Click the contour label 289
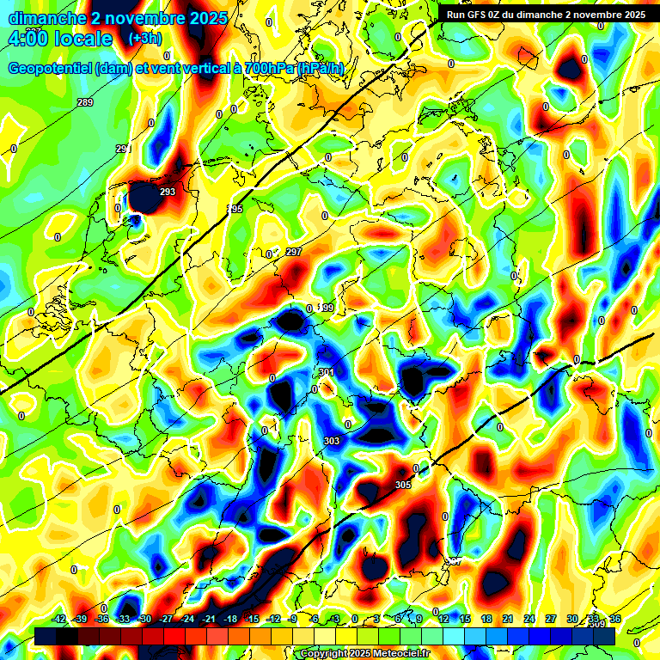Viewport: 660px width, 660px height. (x=85, y=103)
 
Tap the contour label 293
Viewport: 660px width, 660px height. (x=168, y=192)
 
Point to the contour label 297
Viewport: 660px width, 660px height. (x=294, y=252)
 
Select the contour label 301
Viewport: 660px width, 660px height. (x=326, y=372)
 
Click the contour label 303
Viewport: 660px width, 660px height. (x=332, y=441)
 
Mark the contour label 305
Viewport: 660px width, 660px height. (x=403, y=486)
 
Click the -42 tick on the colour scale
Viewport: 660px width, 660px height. (x=59, y=619)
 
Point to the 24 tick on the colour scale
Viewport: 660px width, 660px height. (x=529, y=619)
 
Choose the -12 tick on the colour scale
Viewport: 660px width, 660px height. (x=273, y=619)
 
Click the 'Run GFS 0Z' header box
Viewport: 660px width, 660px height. (x=546, y=15)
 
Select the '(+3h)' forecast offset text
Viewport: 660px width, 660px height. (x=144, y=39)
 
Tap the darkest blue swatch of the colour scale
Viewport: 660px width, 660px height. (x=604, y=637)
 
